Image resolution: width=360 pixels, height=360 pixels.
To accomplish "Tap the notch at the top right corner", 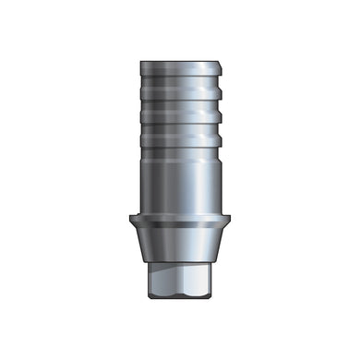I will click(x=221, y=66).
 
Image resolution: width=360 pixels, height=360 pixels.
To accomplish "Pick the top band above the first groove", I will click(x=180, y=75).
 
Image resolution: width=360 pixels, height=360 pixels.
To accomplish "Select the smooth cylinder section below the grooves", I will click(x=180, y=180).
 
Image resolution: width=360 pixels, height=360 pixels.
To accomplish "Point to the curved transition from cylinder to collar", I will click(x=180, y=211).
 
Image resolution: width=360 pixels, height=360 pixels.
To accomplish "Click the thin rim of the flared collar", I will click(x=180, y=220).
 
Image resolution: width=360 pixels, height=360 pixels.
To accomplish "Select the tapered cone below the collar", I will click(x=180, y=242).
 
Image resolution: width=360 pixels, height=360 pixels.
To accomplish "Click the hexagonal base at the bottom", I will click(x=180, y=277).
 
